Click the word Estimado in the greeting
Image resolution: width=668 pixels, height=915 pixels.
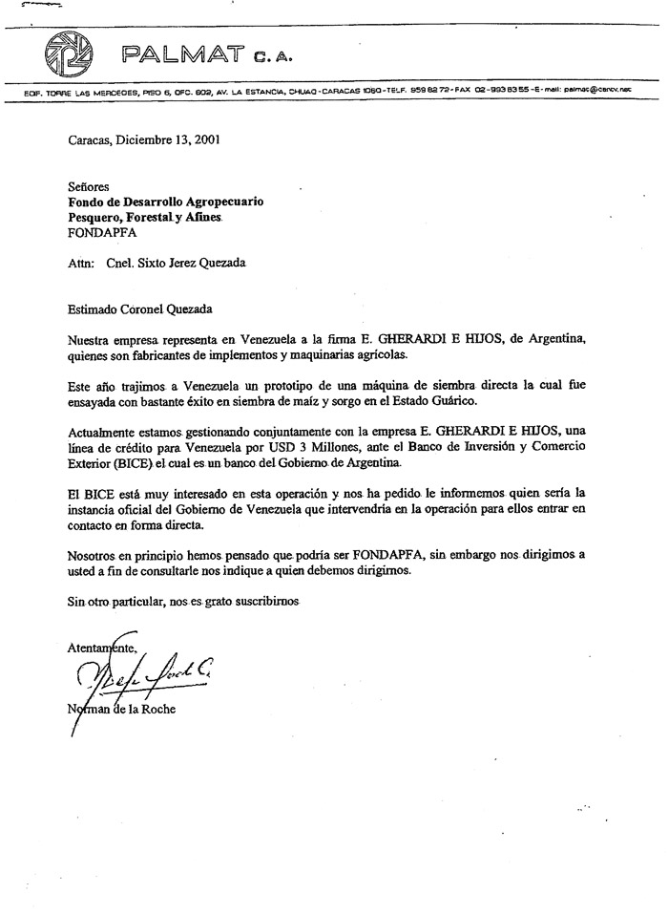pos(96,309)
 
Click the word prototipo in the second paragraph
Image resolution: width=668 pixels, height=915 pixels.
pos(288,385)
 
